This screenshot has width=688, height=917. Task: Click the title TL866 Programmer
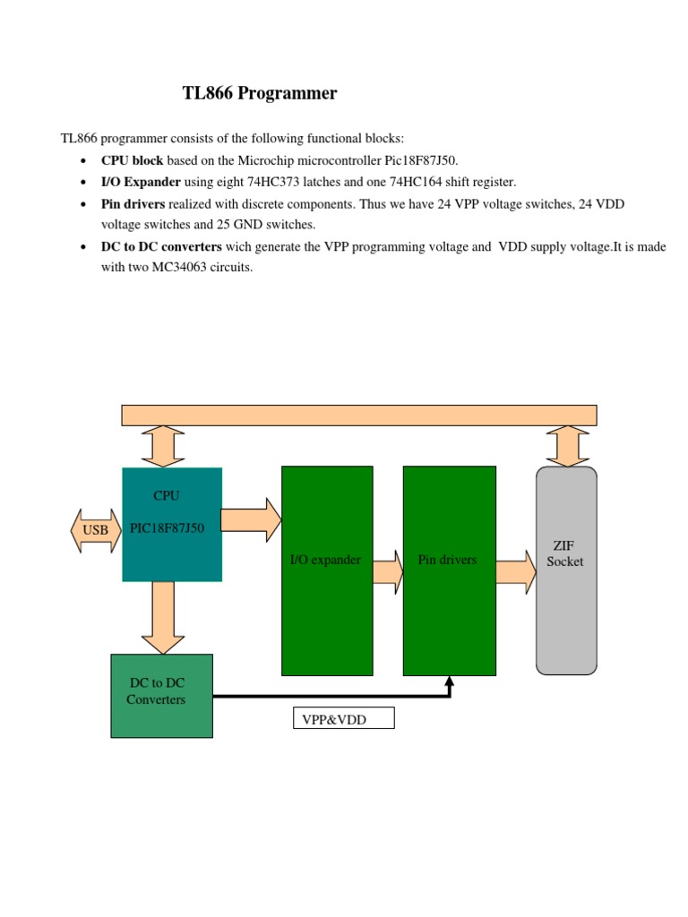[x=260, y=93]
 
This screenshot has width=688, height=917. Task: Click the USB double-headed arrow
[x=95, y=529]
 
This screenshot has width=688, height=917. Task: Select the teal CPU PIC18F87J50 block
[x=172, y=524]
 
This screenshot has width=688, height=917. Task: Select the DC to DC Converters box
[x=161, y=696]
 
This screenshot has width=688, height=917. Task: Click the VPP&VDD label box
[x=343, y=719]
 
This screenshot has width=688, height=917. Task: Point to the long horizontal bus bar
[x=359, y=415]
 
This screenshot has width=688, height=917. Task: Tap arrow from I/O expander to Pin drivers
[x=388, y=571]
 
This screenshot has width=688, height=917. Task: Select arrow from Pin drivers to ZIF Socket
[x=515, y=571]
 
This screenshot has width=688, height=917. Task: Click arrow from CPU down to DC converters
[x=163, y=617]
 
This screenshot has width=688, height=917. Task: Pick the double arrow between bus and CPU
[x=163, y=446]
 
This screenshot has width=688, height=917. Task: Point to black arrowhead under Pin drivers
[x=450, y=683]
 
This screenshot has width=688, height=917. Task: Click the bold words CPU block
[x=132, y=160]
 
